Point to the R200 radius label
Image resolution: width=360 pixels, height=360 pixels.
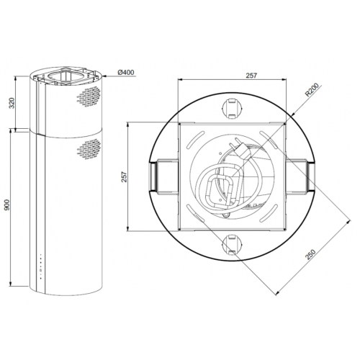311,90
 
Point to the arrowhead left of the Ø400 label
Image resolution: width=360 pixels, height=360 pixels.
108,72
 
